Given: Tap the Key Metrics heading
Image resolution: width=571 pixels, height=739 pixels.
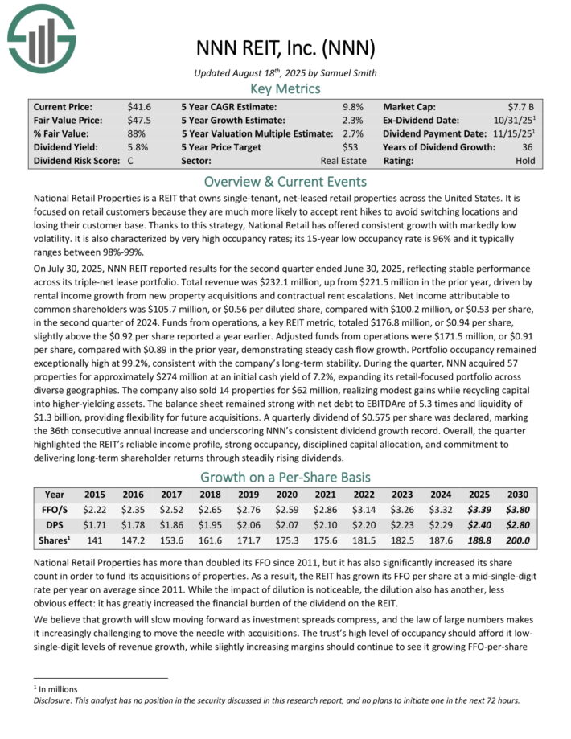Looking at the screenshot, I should [x=285, y=88].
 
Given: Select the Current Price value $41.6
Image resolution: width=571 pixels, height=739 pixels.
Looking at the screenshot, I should [x=139, y=106].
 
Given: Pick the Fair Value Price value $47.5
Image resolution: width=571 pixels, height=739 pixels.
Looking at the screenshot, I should [x=139, y=120].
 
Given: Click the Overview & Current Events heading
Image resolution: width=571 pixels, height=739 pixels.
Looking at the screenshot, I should [x=285, y=181].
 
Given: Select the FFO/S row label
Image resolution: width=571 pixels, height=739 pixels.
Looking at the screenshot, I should [x=55, y=509].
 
